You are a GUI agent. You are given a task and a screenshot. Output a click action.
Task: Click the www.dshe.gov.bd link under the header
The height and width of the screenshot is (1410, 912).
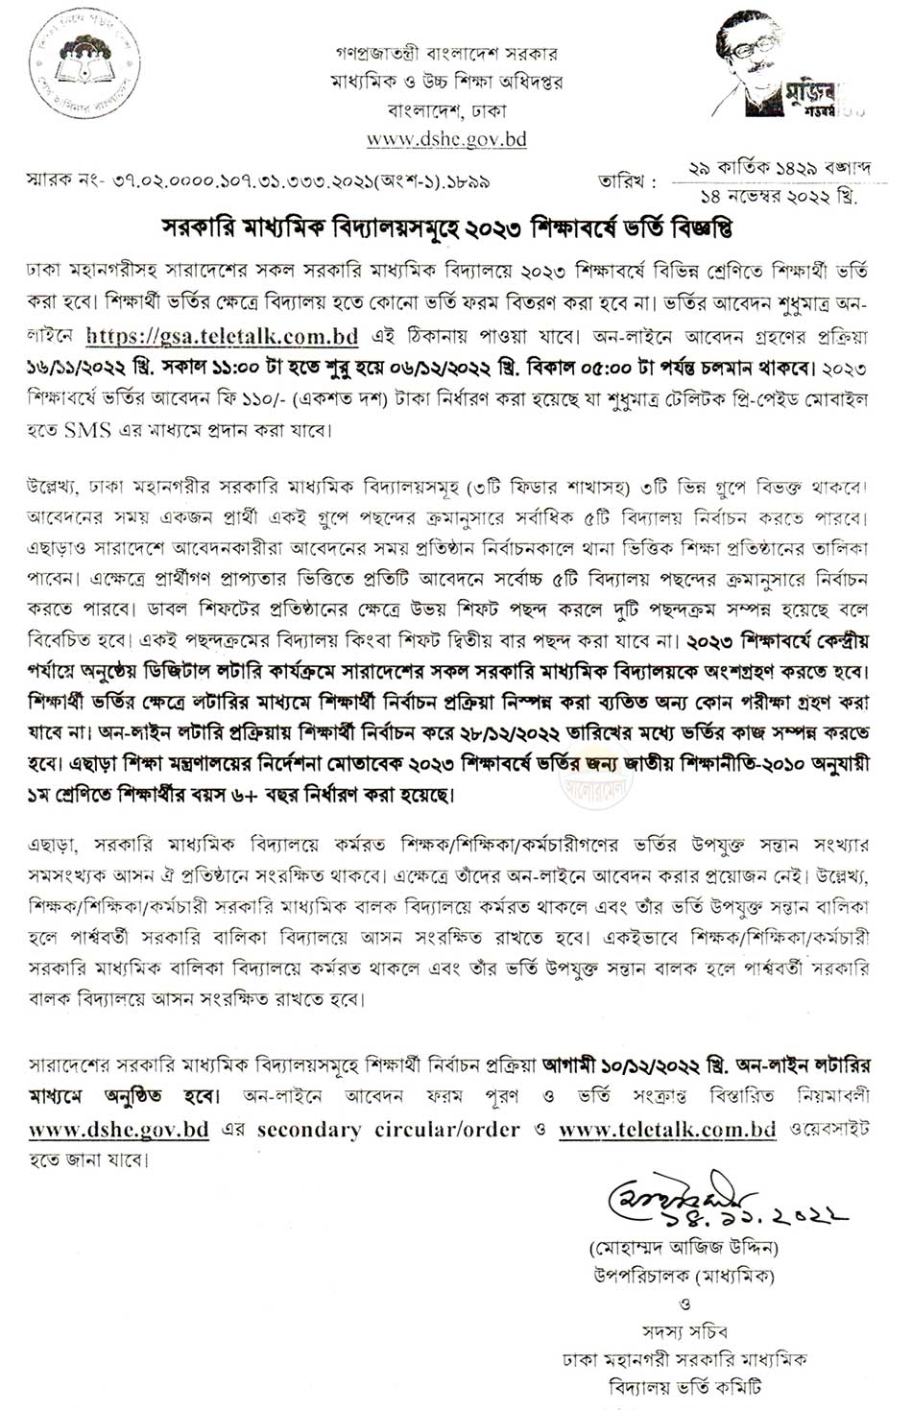446,139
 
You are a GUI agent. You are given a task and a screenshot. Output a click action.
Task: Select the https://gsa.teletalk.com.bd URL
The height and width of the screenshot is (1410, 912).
222,337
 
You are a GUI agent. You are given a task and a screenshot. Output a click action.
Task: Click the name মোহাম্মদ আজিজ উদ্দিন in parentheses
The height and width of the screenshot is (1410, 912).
684,1249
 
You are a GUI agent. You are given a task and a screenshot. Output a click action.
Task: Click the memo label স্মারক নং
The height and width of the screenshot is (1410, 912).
62,180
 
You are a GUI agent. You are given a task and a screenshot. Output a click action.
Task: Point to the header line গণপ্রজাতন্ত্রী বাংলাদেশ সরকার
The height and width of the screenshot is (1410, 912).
445,53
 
